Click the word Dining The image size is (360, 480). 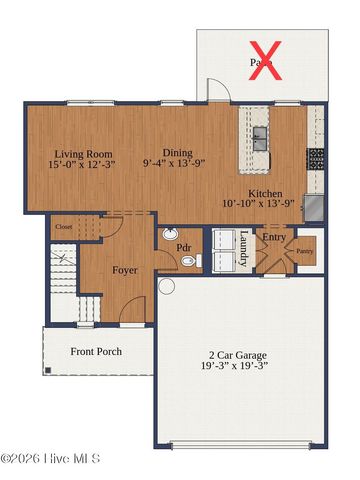pyautogui.click(x=177, y=152)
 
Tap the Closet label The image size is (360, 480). pyautogui.click(x=64, y=227)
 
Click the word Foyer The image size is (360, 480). pyautogui.click(x=125, y=270)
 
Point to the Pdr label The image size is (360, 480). pyautogui.click(x=184, y=246)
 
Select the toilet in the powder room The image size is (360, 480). pyautogui.click(x=188, y=262)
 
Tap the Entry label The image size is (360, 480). pyautogui.click(x=273, y=238)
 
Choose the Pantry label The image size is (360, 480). pyautogui.click(x=305, y=251)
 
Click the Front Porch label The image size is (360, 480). pyautogui.click(x=97, y=352)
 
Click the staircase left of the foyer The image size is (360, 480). pyautogui.click(x=64, y=285)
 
